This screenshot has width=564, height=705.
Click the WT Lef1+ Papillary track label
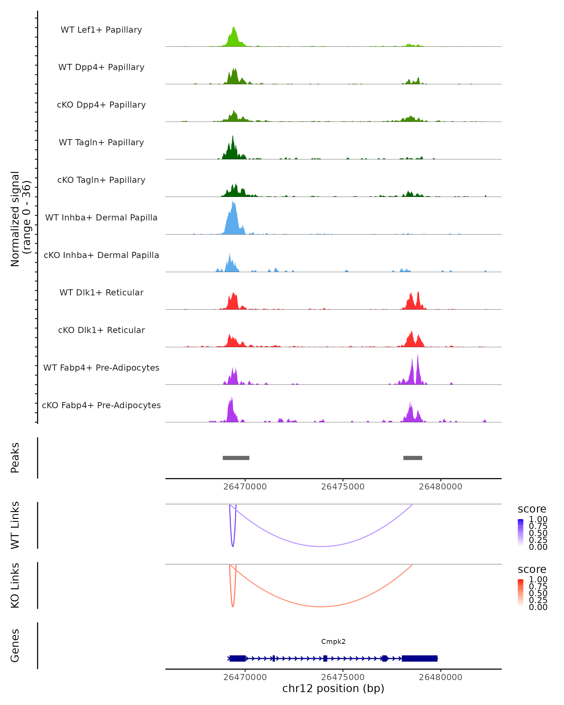(x=101, y=30)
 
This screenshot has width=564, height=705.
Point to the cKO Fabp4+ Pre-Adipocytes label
(x=101, y=405)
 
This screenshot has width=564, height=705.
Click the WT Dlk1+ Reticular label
(x=101, y=293)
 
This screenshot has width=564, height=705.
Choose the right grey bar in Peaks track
(x=413, y=458)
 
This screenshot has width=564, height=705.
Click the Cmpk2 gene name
(x=333, y=642)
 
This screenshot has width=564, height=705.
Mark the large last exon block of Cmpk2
(x=419, y=658)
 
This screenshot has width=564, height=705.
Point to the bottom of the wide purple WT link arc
(x=322, y=546)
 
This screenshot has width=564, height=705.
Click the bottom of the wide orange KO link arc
(x=322, y=607)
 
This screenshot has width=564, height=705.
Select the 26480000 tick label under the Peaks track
(x=440, y=487)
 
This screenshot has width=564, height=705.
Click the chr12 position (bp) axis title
(x=333, y=688)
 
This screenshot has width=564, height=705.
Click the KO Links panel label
(x=15, y=585)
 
